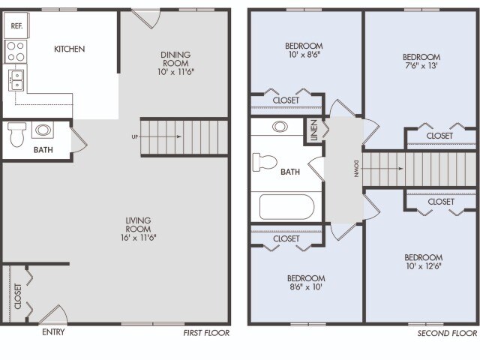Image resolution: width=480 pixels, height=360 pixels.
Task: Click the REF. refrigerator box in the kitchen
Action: click(x=16, y=25)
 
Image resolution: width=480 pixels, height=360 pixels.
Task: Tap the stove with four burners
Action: click(x=16, y=51)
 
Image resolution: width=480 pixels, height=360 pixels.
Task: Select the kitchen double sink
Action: click(x=16, y=79)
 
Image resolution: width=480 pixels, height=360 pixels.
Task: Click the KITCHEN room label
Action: click(x=69, y=49)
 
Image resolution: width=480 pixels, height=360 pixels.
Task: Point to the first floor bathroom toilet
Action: click(x=17, y=135)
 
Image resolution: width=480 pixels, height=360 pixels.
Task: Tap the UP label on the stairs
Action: click(x=134, y=137)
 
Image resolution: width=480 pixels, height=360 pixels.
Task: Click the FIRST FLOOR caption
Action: click(x=206, y=332)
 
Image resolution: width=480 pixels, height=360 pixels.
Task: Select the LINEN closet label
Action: click(x=313, y=133)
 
